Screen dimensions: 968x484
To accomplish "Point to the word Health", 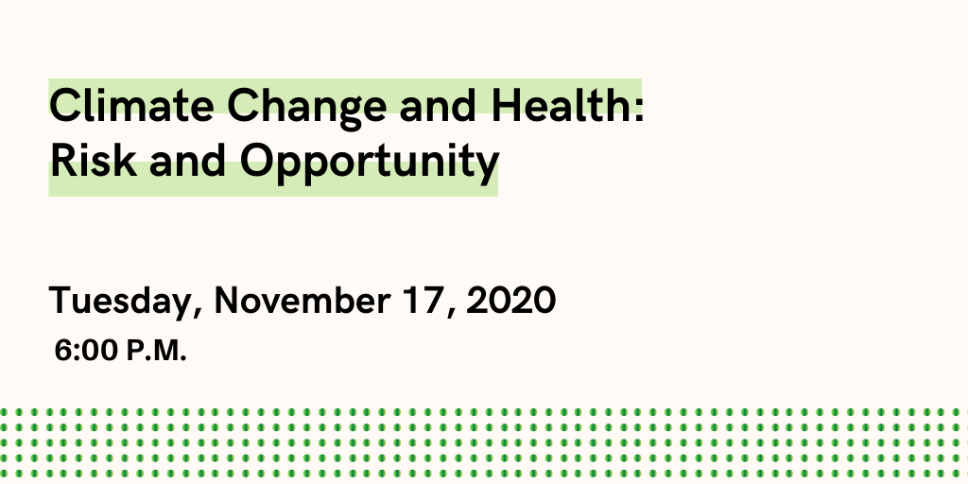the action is coord(561,105).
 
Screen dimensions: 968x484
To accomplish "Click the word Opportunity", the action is coord(369,164).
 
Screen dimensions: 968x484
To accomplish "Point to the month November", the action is coord(302,300).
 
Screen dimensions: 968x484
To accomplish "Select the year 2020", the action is coord(511,300).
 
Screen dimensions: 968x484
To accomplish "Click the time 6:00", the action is coord(86,351).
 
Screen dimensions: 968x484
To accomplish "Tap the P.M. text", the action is coord(156,351).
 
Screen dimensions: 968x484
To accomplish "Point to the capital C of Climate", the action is coord(65,106).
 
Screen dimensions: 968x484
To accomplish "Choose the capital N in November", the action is coord(228,300).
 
